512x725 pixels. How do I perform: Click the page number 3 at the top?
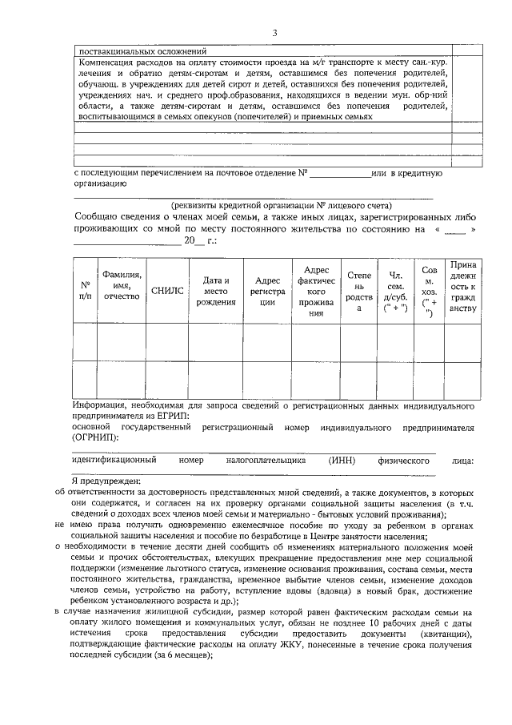(274, 33)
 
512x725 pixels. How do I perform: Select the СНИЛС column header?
(167, 291)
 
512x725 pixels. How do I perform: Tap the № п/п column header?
(85, 290)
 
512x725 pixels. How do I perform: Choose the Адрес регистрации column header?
(266, 291)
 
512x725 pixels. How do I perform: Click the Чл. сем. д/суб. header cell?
(394, 291)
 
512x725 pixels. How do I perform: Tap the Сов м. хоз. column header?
(429, 291)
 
